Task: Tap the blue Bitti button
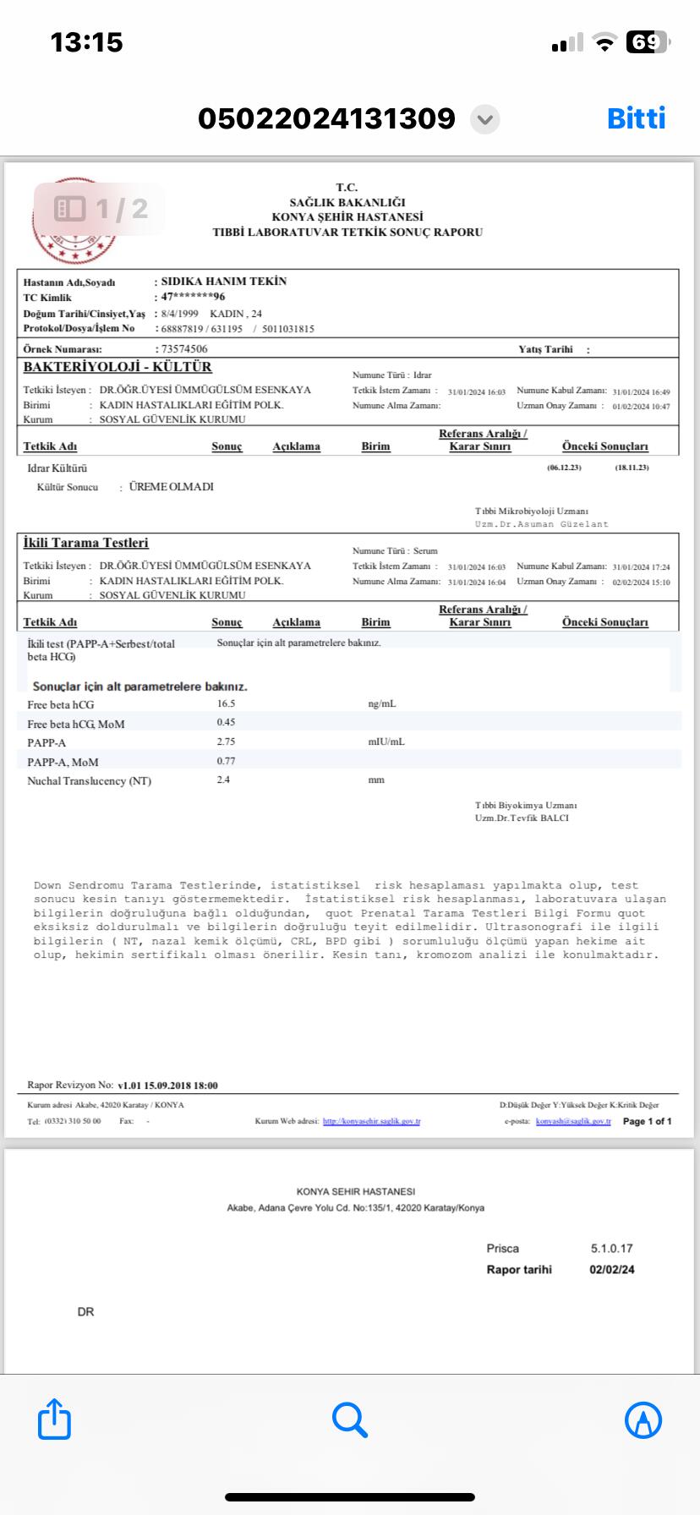tap(636, 118)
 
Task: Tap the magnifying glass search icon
tap(349, 1419)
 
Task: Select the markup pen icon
tap(643, 1419)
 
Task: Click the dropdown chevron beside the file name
tap(484, 119)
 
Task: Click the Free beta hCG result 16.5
tap(226, 703)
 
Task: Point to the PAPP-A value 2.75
tap(226, 741)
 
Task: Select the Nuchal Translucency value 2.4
tap(223, 779)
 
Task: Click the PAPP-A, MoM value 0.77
tap(226, 761)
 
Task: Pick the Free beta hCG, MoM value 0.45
tap(226, 722)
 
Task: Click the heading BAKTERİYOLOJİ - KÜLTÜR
tap(118, 367)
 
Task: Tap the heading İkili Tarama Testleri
tap(85, 543)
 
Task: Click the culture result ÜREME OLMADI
tap(171, 487)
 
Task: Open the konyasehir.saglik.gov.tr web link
tap(371, 1122)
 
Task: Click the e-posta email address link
tap(573, 1122)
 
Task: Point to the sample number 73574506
tap(184, 349)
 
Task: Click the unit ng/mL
tap(382, 703)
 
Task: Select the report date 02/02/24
tap(612, 1269)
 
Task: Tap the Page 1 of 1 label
tap(647, 1122)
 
